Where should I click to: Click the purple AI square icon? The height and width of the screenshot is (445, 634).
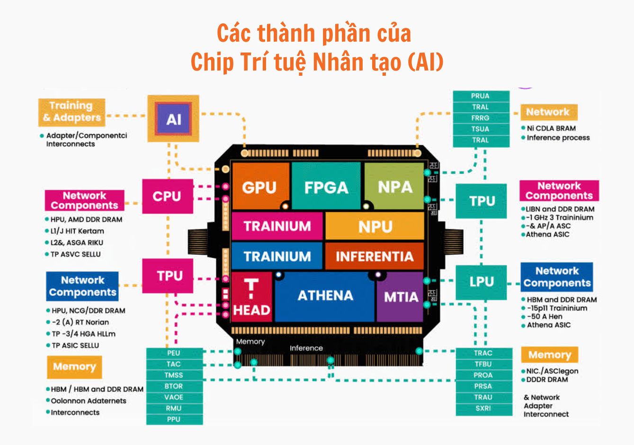click(173, 118)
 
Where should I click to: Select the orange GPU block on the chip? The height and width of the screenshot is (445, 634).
click(260, 187)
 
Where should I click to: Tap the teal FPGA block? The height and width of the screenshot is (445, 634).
click(326, 187)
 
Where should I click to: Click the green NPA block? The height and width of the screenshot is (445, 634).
click(394, 187)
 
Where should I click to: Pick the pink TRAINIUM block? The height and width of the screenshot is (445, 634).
click(277, 226)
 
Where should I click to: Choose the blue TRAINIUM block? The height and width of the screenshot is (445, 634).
click(277, 256)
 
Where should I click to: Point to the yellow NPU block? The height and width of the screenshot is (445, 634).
click(375, 226)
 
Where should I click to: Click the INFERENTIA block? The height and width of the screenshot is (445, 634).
click(374, 256)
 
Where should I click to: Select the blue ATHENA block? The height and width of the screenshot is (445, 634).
click(325, 296)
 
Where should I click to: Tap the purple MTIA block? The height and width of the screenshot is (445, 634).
click(400, 297)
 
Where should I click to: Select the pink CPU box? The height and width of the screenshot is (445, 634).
click(167, 196)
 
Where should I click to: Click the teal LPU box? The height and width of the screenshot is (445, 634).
click(481, 282)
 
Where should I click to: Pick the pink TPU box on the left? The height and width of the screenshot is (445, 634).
click(169, 276)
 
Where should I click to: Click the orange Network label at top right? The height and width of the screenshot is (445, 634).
click(548, 112)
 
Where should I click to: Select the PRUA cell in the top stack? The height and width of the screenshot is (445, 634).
click(481, 96)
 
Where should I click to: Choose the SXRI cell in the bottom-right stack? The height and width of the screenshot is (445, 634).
click(483, 408)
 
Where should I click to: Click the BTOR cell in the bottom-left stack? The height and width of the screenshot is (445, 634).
click(174, 386)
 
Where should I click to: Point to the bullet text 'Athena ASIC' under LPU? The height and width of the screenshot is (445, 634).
click(549, 325)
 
